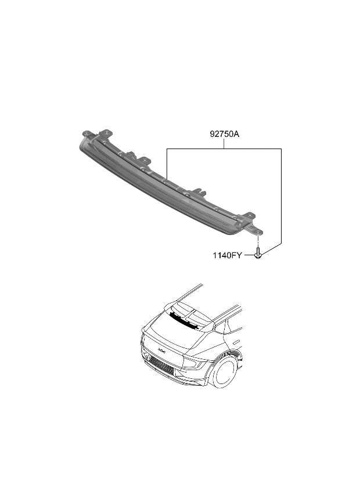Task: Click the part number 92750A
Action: tap(225, 135)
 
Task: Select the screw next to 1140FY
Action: tap(258, 254)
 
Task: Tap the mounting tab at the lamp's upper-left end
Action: tap(105, 133)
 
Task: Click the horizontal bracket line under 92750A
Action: tap(224, 149)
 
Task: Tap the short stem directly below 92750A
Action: tap(225, 144)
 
